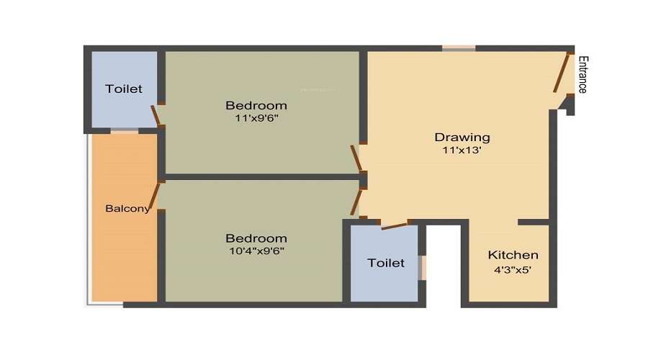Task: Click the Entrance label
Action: click(582, 75)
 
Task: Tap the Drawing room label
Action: click(462, 138)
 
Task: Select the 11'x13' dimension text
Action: click(462, 150)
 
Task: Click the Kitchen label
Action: click(513, 255)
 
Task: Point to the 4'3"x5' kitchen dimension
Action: click(513, 270)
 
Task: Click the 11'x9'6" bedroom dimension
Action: click(256, 118)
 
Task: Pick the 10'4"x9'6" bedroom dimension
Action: click(256, 251)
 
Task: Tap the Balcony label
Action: click(127, 208)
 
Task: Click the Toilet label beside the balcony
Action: click(124, 89)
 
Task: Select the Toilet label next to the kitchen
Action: click(386, 263)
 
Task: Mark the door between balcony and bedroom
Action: click(155, 196)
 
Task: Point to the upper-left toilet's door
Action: click(156, 115)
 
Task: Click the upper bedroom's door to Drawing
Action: click(356, 158)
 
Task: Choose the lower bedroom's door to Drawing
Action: click(356, 202)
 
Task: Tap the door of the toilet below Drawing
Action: click(395, 226)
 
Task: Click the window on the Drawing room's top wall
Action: click(459, 48)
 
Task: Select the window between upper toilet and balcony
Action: click(125, 131)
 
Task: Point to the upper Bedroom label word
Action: click(256, 106)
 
